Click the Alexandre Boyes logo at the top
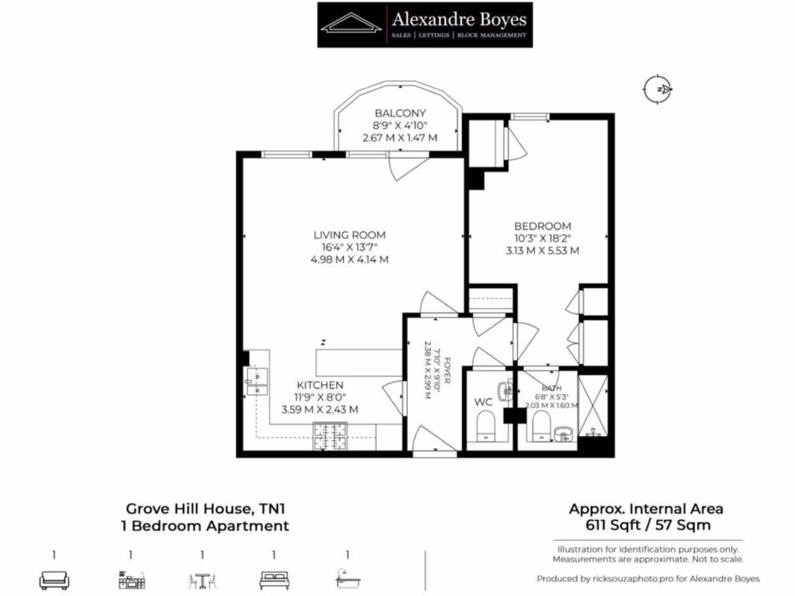tap(425, 24)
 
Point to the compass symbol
tap(659, 89)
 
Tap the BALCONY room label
tap(400, 113)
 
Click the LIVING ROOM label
tap(349, 234)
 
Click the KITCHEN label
tap(320, 385)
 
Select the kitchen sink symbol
tap(256, 377)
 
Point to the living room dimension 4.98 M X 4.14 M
tap(349, 260)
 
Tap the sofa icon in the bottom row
tap(54, 580)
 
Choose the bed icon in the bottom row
tap(274, 580)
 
